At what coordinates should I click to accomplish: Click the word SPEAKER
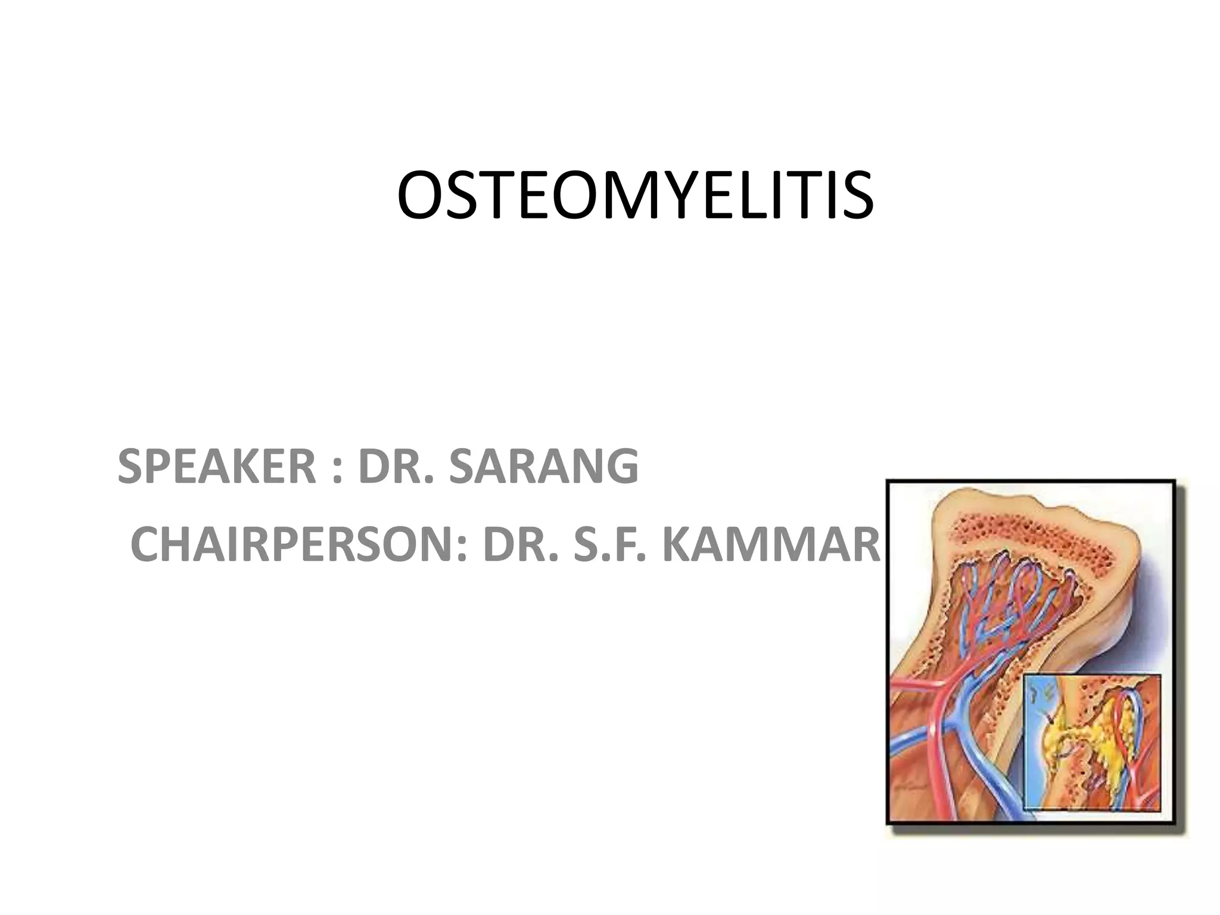click(216, 466)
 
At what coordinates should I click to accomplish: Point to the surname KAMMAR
click(771, 544)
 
